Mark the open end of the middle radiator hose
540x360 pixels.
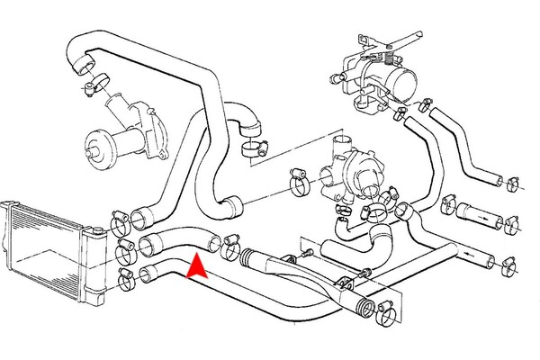(x=149, y=243)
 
